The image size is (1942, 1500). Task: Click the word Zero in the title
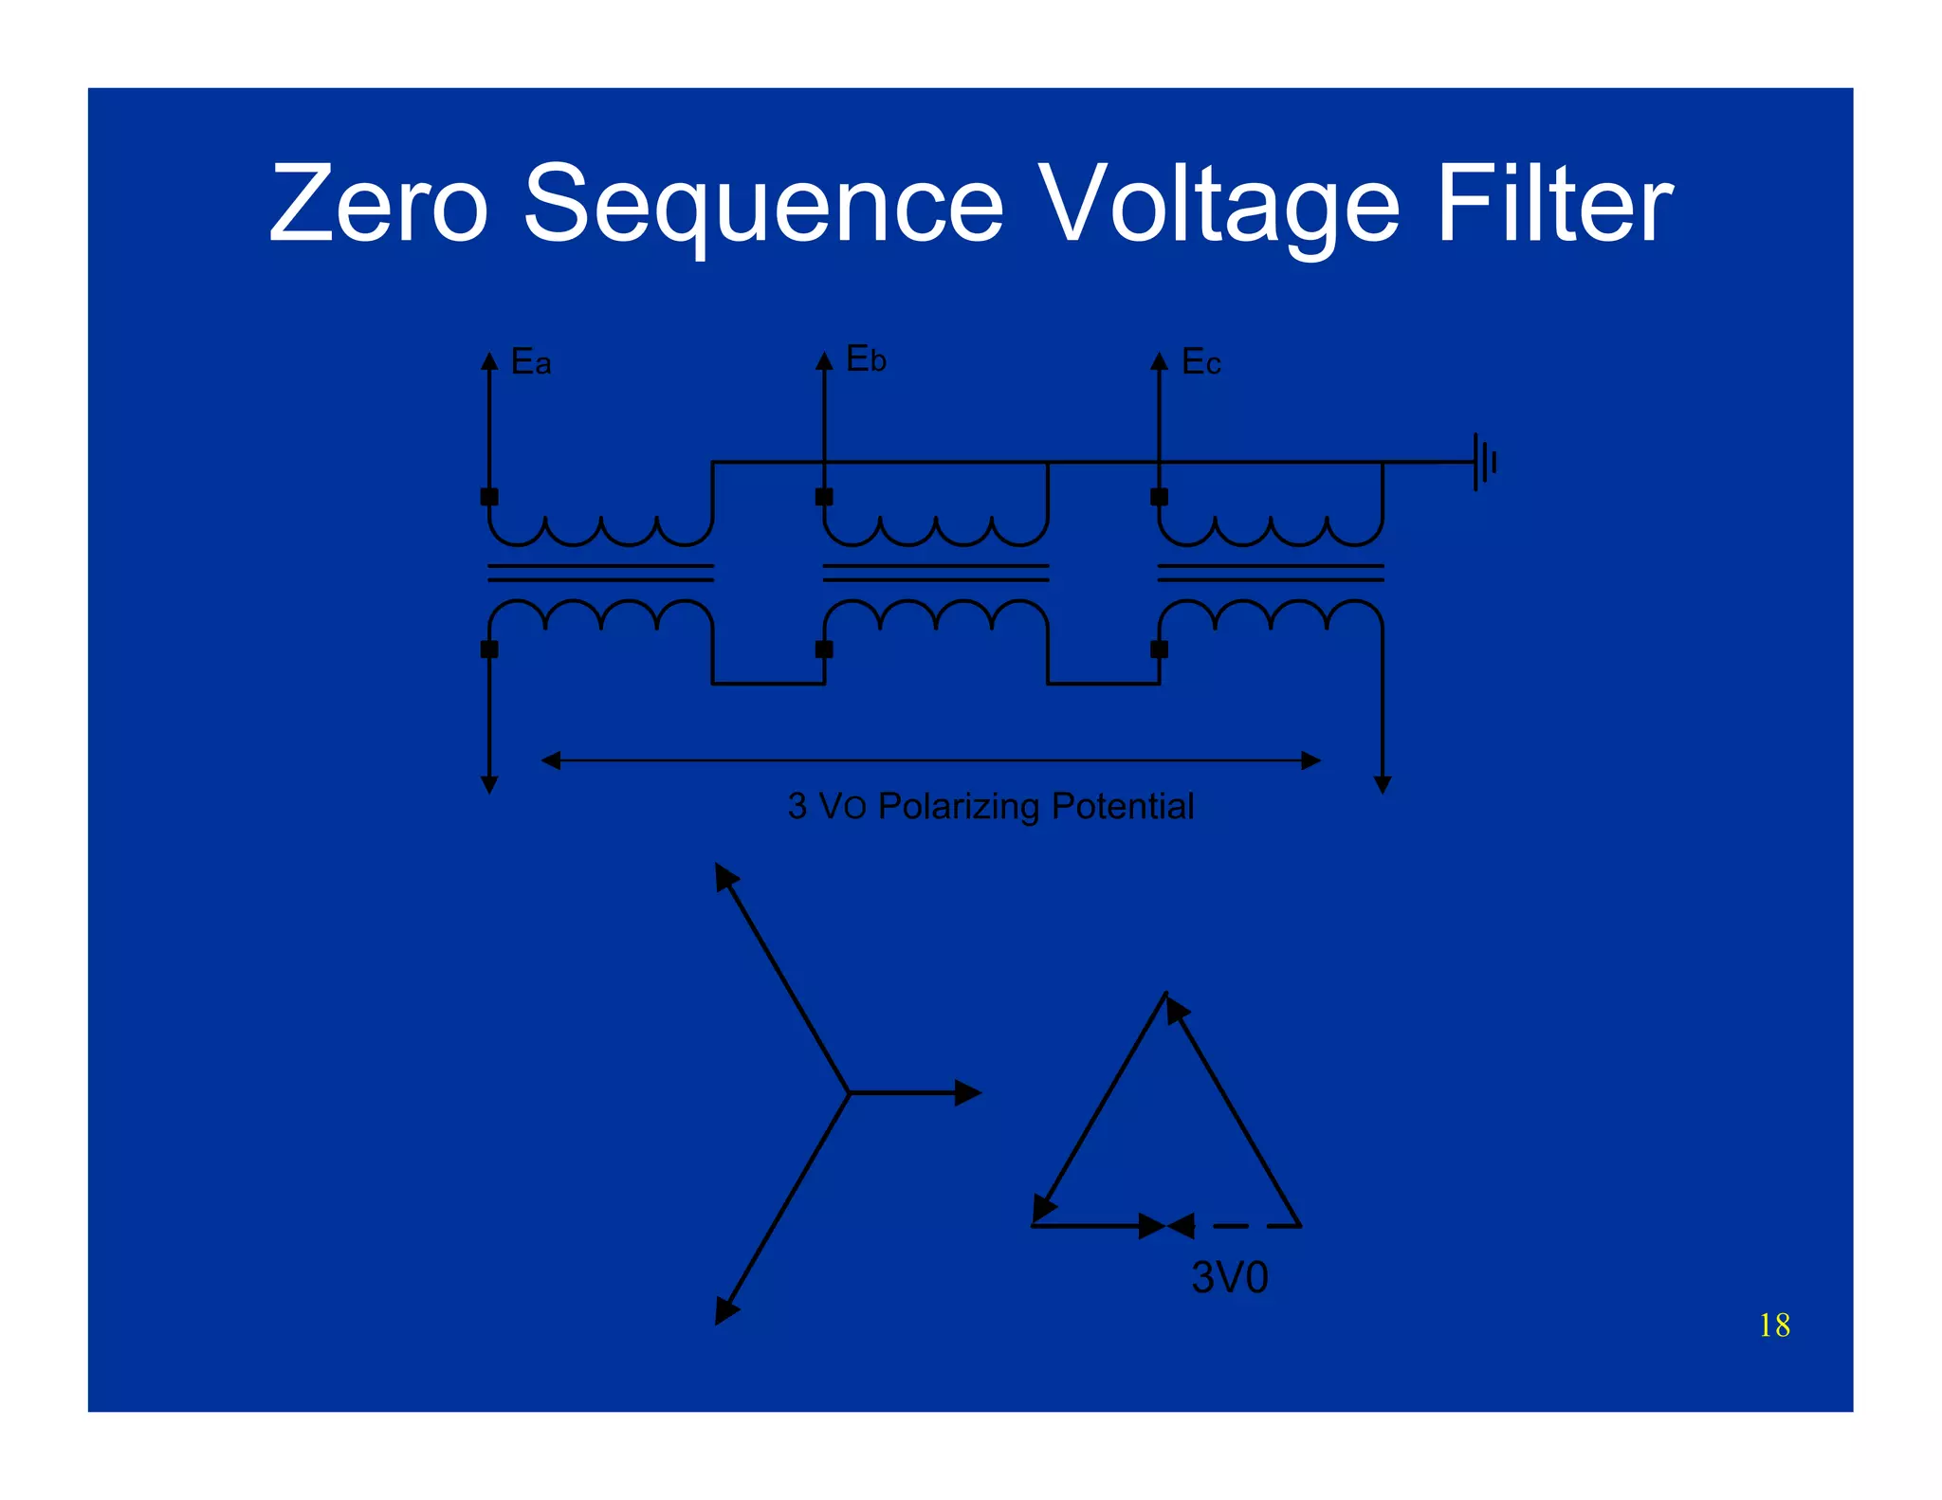(x=378, y=204)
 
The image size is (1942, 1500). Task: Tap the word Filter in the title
(x=1554, y=204)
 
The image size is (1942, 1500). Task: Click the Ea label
(x=530, y=362)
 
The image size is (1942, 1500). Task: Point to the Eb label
(x=866, y=359)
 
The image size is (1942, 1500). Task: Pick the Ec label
(x=1200, y=362)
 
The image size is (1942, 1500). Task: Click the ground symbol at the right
(x=1483, y=462)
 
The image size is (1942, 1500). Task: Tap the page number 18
(x=1774, y=1326)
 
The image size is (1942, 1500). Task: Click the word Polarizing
(x=959, y=807)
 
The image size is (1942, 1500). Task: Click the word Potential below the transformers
(x=1123, y=807)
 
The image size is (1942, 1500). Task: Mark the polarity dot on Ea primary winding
(x=489, y=496)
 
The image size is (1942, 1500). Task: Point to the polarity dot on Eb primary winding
(x=824, y=496)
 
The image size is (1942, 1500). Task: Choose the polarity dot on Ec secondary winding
(x=1159, y=649)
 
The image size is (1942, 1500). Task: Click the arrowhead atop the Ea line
(x=489, y=360)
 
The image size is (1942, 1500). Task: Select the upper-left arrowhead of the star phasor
(x=725, y=876)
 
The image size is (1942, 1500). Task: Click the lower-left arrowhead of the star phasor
(x=725, y=1311)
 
